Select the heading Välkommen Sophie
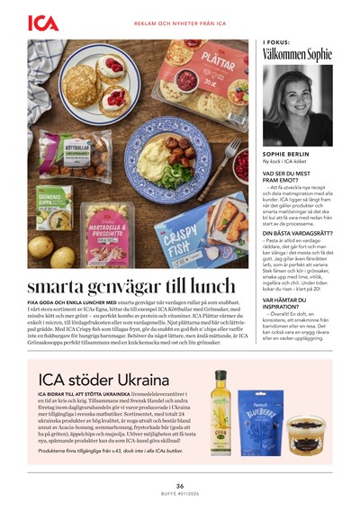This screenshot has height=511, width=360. (296, 55)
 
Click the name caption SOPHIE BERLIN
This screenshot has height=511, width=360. (285, 154)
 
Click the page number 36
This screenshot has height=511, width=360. (180, 486)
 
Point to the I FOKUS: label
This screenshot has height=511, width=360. (276, 41)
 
